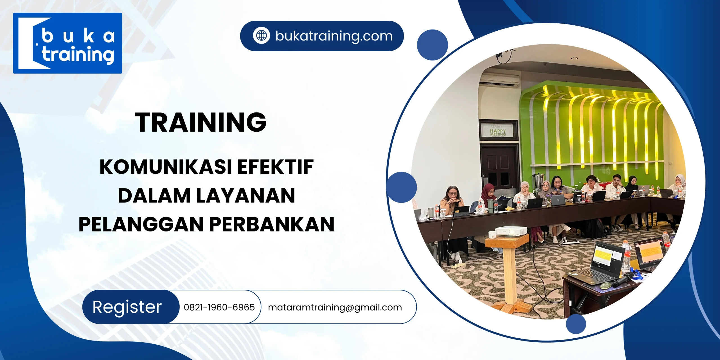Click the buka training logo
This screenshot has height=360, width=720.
pyautogui.click(x=67, y=43)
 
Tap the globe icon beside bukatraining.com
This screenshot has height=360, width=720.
pyautogui.click(x=261, y=36)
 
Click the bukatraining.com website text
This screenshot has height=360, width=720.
pyautogui.click(x=334, y=36)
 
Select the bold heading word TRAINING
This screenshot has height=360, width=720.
pyautogui.click(x=201, y=122)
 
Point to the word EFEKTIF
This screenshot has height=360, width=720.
pyautogui.click(x=276, y=167)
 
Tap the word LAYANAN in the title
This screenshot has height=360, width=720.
pyautogui.click(x=246, y=195)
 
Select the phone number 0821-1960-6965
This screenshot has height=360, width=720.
pyautogui.click(x=219, y=307)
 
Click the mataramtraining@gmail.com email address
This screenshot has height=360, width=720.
pyautogui.click(x=335, y=307)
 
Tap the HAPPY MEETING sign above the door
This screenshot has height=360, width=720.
pyautogui.click(x=498, y=131)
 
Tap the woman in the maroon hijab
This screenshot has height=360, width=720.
pyautogui.click(x=489, y=194)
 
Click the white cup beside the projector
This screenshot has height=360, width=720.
pyautogui.click(x=492, y=234)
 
